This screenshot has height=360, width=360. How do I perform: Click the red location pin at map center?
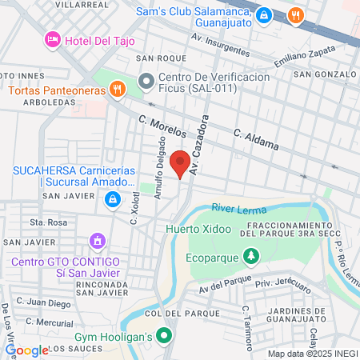coord(180,163)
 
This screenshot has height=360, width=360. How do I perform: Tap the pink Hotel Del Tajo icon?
coord(53,39)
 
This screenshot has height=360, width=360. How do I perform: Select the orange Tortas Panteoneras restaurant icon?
coord(117,89)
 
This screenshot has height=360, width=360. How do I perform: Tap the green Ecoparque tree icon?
coord(252,256)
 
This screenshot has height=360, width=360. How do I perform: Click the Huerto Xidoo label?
coord(198,229)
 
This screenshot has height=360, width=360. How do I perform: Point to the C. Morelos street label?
coord(162,127)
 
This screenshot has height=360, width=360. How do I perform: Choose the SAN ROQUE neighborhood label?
coord(155,58)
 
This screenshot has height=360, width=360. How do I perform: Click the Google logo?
coord(26,350)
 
